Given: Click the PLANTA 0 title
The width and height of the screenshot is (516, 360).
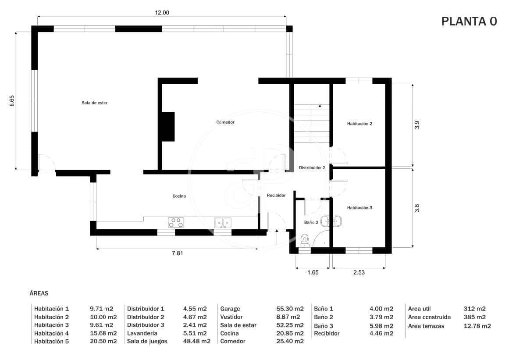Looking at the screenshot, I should pyautogui.click(x=469, y=21).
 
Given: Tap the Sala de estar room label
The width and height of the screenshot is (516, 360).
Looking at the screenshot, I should pyautogui.click(x=94, y=103).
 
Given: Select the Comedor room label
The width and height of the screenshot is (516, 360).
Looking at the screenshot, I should pyautogui.click(x=225, y=122).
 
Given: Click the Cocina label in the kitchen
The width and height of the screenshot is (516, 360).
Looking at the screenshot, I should pyautogui.click(x=179, y=196).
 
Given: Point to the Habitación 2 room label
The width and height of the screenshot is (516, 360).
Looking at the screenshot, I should pyautogui.click(x=359, y=124).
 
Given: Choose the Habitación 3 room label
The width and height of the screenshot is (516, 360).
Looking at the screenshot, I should pyautogui.click(x=359, y=207).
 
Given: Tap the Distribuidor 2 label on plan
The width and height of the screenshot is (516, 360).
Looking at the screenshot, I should pyautogui.click(x=312, y=168).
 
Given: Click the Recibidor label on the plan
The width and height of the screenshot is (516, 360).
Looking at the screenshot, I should pyautogui.click(x=276, y=195).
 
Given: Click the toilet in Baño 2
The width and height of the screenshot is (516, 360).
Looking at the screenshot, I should pyautogui.click(x=305, y=240).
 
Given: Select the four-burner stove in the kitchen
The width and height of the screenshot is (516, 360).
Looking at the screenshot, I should pyautogui.click(x=176, y=222).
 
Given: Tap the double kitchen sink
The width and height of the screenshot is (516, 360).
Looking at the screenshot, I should pyautogui.click(x=223, y=223).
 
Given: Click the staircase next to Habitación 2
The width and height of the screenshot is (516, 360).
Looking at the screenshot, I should pyautogui.click(x=311, y=123).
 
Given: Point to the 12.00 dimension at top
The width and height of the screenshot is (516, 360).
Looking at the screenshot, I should pyautogui.click(x=161, y=13).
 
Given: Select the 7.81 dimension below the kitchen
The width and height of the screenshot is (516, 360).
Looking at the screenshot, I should pyautogui.click(x=177, y=253).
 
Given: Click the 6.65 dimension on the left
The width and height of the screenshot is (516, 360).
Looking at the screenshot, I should pyautogui.click(x=12, y=101).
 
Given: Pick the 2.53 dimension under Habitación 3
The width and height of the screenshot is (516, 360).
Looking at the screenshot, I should pyautogui.click(x=359, y=272).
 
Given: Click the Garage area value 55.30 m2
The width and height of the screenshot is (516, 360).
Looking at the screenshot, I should pyautogui.click(x=292, y=309).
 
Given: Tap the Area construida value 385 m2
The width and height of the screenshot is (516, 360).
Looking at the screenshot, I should pyautogui.click(x=474, y=317).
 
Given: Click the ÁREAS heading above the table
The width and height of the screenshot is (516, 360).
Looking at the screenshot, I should pyautogui.click(x=39, y=292).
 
